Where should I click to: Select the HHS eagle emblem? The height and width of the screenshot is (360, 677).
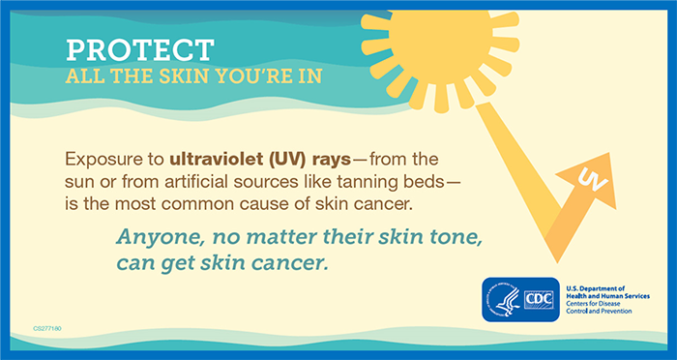[502, 301]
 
